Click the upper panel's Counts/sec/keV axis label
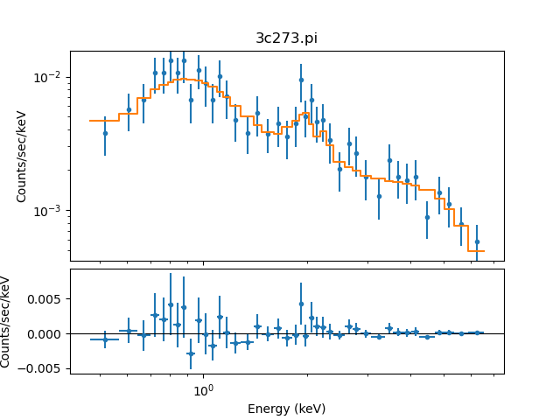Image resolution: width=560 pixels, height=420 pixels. (22, 156)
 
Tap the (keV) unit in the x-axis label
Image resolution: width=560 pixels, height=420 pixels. (310, 409)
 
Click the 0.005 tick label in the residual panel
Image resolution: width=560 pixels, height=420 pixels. (48, 299)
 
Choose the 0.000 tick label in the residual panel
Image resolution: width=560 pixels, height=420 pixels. (48, 333)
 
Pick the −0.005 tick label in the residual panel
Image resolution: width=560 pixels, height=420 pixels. (45, 368)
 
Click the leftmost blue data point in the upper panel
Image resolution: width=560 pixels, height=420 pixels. (105, 133)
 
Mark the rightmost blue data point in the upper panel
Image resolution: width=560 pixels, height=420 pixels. (477, 241)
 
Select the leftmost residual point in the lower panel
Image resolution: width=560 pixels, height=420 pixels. (105, 339)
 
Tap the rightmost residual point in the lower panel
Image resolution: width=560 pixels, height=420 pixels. (477, 332)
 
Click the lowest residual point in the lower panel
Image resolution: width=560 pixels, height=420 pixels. (191, 353)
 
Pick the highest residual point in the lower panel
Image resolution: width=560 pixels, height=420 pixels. (301, 304)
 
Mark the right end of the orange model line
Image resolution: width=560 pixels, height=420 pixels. (483, 251)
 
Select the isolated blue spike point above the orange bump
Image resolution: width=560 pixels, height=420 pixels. (301, 80)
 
